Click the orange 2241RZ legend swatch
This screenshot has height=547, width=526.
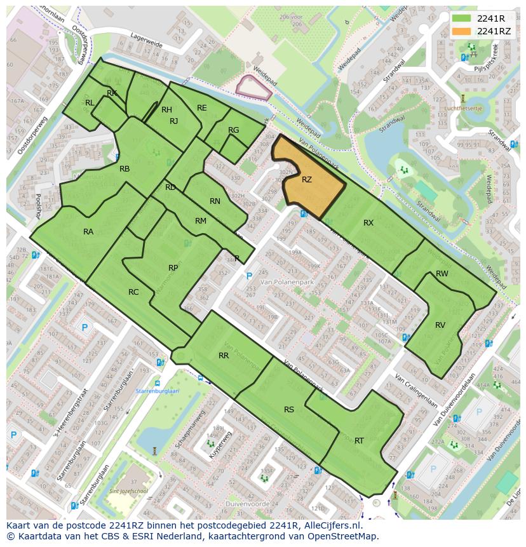pos(462,31)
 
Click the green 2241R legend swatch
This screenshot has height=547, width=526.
pos(462,18)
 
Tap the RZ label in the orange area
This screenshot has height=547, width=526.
pos(307,180)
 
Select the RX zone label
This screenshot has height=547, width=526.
pos(368,223)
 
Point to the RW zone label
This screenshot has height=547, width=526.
pos(442,274)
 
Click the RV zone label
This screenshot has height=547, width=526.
pos(440,325)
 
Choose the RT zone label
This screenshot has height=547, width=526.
pos(359,441)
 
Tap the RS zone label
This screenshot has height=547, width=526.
pos(289,410)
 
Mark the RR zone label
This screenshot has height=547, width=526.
pos(224,356)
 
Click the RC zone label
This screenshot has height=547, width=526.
pos(133,292)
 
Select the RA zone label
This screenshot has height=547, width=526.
pos(88,232)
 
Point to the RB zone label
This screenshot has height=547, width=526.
pos(125,169)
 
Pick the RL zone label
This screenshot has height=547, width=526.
pos(90,103)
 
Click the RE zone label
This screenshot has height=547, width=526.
pos(202,108)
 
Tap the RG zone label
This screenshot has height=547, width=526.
pos(233,130)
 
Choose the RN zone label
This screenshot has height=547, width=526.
pos(215,201)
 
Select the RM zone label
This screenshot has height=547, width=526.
pos(201,221)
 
